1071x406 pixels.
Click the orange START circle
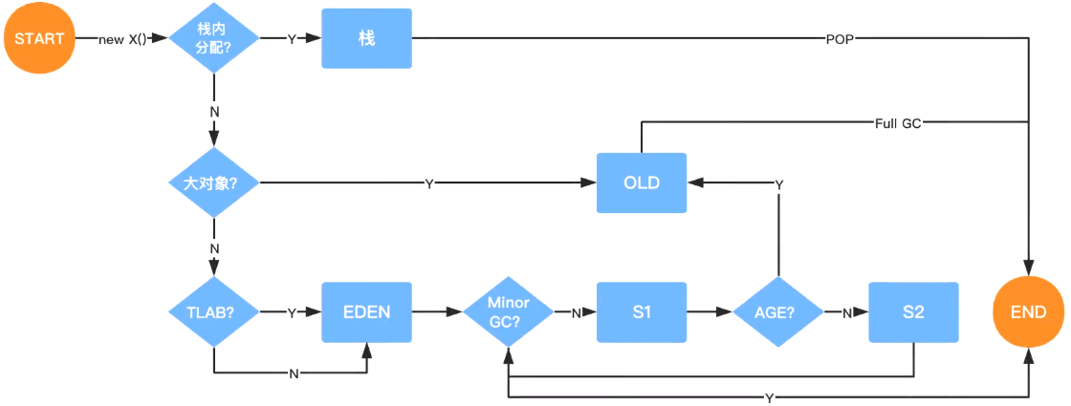[39, 38]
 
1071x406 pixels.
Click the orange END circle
[1029, 311]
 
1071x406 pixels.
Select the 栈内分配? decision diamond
[214, 39]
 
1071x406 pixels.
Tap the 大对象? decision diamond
[214, 182]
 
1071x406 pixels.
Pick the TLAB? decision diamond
[214, 312]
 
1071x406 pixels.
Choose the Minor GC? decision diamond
[509, 312]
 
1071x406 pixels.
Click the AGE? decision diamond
[778, 312]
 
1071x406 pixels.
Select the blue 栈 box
[367, 38]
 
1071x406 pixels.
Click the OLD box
[642, 182]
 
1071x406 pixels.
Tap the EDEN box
[367, 311]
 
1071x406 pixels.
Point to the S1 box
[642, 311]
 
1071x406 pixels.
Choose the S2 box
[913, 311]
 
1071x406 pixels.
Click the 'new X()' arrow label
[123, 39]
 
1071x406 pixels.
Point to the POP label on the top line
[841, 39]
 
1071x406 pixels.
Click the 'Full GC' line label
[899, 124]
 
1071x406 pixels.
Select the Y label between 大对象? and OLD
[429, 182]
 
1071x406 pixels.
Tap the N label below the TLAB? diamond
[294, 374]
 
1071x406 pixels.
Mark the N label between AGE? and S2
[846, 312]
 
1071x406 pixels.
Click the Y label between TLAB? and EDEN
[292, 312]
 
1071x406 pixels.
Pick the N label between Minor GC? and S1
[576, 312]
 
